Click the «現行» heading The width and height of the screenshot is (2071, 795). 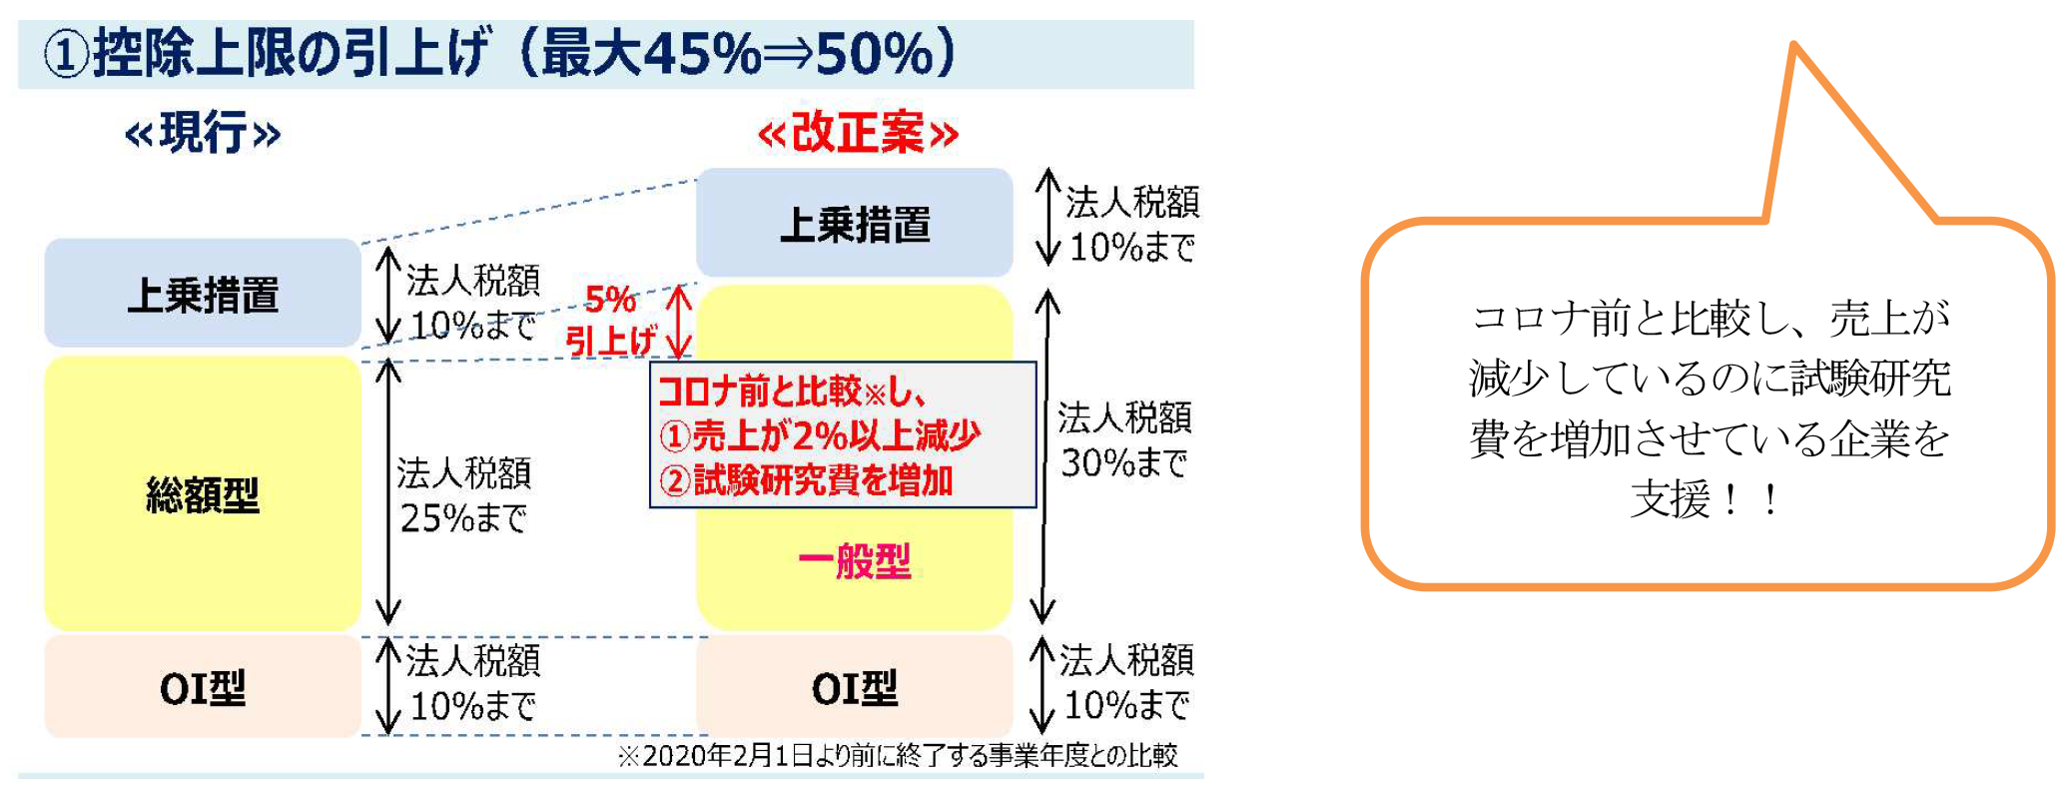(203, 133)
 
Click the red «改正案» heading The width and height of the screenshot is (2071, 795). (858, 133)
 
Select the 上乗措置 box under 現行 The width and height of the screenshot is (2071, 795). (203, 293)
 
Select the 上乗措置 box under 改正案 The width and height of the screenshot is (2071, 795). (855, 223)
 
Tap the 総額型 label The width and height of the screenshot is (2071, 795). (203, 494)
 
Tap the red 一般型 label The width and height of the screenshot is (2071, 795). (855, 561)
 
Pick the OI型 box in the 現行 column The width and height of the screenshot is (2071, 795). (203, 686)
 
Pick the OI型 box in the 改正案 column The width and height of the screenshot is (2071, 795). (855, 686)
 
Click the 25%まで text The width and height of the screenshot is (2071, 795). (463, 517)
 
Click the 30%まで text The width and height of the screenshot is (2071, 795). (1124, 462)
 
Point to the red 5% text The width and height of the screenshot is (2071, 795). (610, 299)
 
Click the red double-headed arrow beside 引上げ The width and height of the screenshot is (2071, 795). (679, 322)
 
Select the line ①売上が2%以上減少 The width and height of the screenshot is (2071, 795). (820, 435)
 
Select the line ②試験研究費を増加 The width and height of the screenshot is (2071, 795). (807, 480)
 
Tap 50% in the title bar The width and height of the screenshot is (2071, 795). (875, 53)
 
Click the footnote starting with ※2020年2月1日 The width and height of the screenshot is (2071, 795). (898, 755)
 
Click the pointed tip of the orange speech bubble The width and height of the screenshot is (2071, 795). (1794, 44)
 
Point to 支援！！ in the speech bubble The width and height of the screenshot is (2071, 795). (1708, 499)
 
